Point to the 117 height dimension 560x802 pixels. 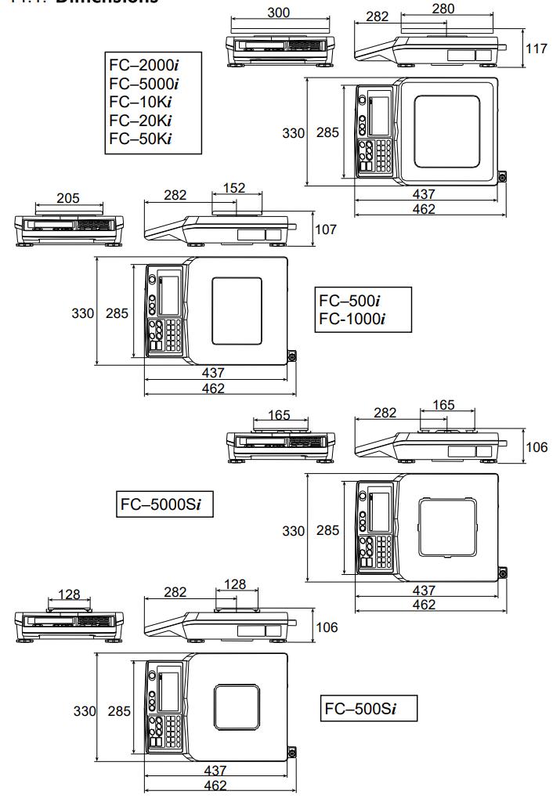click(536, 49)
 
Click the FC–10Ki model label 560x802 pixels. click(140, 102)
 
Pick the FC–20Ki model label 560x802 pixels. click(140, 121)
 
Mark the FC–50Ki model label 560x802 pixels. click(140, 139)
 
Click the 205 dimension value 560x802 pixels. click(68, 199)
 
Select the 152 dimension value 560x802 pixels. click(233, 188)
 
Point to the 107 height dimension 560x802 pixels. click(326, 229)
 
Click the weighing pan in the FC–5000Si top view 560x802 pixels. click(446, 529)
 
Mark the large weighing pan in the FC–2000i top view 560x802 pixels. click(446, 131)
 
